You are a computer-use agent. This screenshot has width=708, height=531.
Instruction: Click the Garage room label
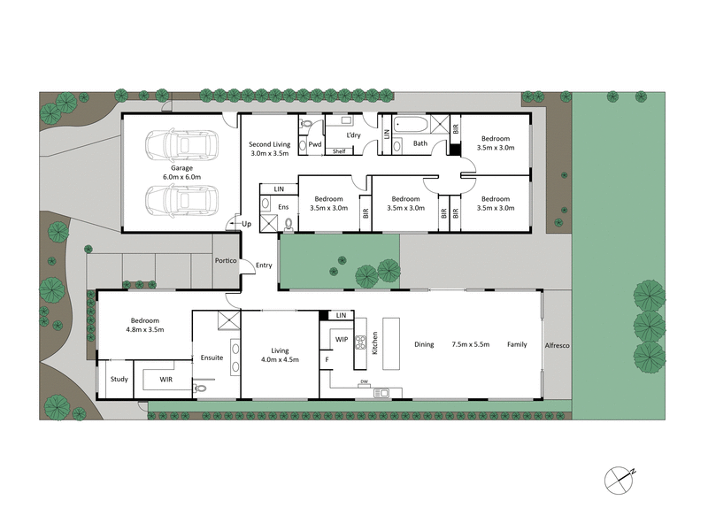pyautogui.click(x=181, y=167)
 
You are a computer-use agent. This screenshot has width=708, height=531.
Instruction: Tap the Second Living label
pyautogui.click(x=271, y=144)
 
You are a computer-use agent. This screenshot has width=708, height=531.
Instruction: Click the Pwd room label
pyautogui.click(x=314, y=143)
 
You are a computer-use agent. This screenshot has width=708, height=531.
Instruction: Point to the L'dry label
pyautogui.click(x=352, y=135)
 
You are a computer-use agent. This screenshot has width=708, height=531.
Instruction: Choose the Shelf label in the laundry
pyautogui.click(x=339, y=151)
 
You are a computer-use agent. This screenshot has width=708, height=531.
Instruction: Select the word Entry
pyautogui.click(x=264, y=265)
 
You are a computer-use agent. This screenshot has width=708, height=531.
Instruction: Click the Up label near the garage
pyautogui.click(x=246, y=225)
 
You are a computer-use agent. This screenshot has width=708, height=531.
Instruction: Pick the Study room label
pyautogui.click(x=119, y=380)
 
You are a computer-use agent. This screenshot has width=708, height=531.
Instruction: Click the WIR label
pyautogui.click(x=166, y=380)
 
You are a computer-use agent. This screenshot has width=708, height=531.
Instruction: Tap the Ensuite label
pyautogui.click(x=212, y=358)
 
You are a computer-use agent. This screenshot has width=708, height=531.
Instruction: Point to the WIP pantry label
pyautogui.click(x=342, y=338)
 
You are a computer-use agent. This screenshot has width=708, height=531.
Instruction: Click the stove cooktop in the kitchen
pyautogui.click(x=361, y=342)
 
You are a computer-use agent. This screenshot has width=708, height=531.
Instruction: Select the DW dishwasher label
pyautogui.click(x=364, y=382)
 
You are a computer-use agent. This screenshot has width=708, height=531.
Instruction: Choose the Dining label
pyautogui.click(x=424, y=344)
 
